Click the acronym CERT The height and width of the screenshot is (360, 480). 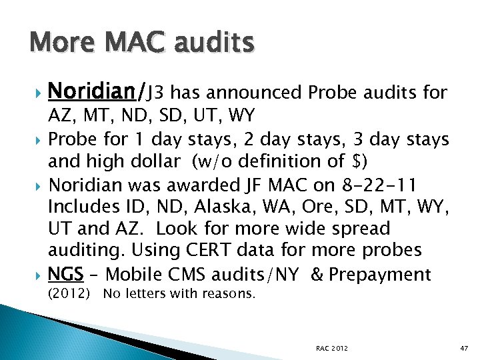[x=231, y=251]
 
